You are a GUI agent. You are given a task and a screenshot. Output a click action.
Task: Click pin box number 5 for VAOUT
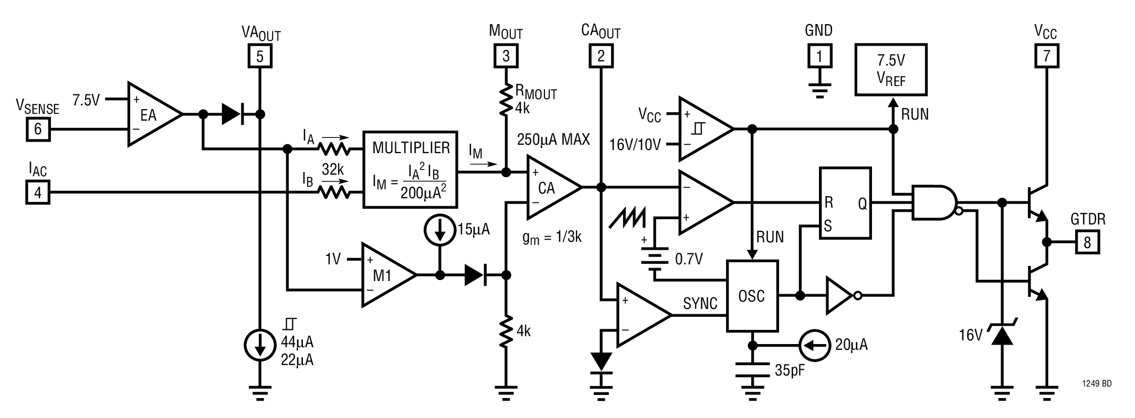pyautogui.click(x=260, y=56)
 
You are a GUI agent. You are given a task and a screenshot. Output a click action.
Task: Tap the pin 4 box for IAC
pyautogui.click(x=38, y=192)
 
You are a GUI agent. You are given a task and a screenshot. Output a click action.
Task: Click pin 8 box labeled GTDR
pyautogui.click(x=1087, y=242)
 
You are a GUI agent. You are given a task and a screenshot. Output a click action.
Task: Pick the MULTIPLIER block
pyautogui.click(x=410, y=169)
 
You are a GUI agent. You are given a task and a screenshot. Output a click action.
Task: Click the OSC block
pyautogui.click(x=752, y=296)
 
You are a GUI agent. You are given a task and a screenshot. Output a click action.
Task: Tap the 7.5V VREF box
pyautogui.click(x=891, y=69)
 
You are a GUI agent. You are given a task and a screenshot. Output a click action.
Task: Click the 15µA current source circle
pyautogui.click(x=440, y=230)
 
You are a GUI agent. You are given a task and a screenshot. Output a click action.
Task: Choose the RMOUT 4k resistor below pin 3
pyautogui.click(x=506, y=100)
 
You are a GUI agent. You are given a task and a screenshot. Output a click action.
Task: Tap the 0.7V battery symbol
pyautogui.click(x=655, y=256)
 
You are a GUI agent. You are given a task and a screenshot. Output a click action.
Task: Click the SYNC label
pyautogui.click(x=700, y=304)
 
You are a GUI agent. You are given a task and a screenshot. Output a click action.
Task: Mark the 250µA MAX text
pyautogui.click(x=553, y=140)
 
